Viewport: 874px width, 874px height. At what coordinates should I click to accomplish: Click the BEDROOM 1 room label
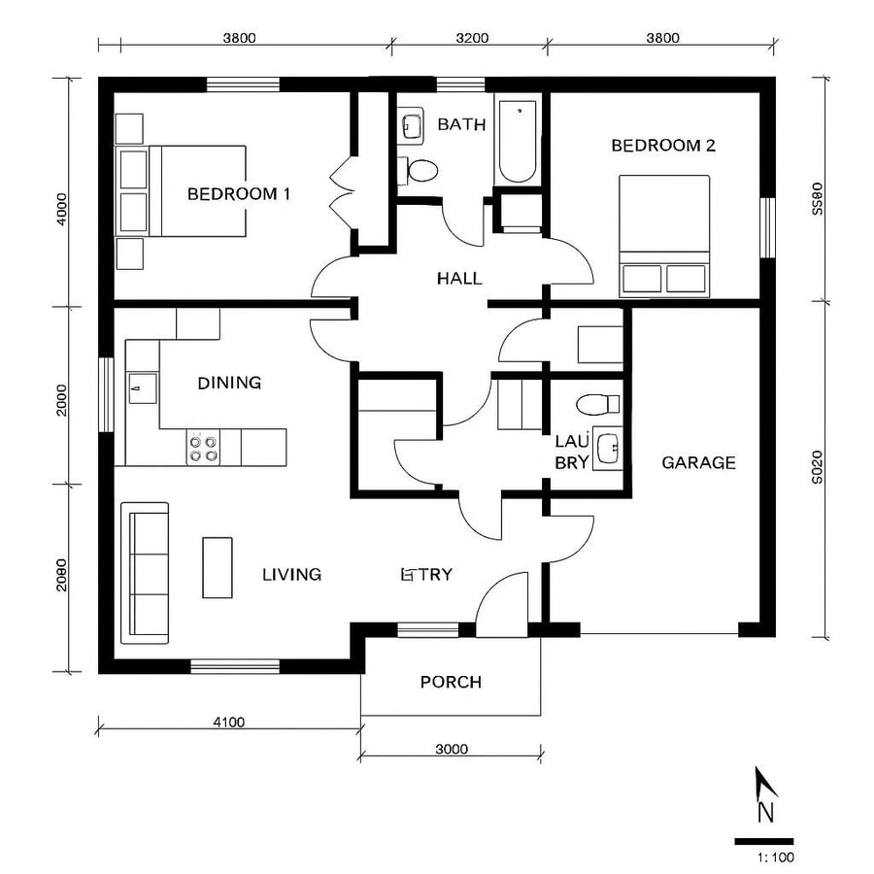click(239, 193)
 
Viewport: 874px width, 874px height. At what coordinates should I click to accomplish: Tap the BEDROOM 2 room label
click(662, 146)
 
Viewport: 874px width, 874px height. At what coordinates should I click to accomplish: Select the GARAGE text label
click(698, 462)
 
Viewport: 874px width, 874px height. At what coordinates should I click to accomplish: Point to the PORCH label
click(451, 682)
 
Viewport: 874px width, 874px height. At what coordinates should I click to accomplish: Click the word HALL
click(459, 279)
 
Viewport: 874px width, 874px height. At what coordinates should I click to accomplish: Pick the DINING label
click(229, 383)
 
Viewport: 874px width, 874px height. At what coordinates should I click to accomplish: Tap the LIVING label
click(291, 574)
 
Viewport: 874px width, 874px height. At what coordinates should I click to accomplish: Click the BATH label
click(454, 124)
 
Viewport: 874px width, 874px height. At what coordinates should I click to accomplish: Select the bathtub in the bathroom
click(517, 140)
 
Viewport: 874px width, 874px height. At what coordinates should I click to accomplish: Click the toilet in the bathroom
click(420, 171)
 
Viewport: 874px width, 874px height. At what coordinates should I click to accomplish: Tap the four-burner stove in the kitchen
click(203, 448)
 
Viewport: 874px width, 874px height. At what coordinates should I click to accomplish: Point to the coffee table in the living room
click(218, 567)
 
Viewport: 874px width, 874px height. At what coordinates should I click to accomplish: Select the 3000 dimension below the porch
click(451, 749)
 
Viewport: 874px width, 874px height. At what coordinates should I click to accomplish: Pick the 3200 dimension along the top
click(470, 39)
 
